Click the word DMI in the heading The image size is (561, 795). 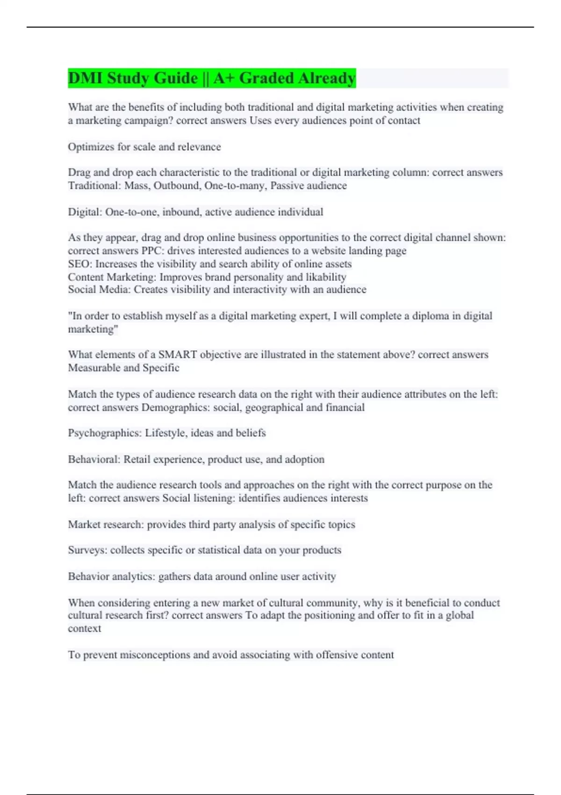pos(85,78)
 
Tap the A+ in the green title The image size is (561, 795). pos(224,78)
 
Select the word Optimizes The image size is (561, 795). pos(91,147)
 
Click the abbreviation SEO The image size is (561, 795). pos(79,264)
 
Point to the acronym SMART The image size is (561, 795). pos(178,354)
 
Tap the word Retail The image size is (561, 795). pos(137,459)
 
